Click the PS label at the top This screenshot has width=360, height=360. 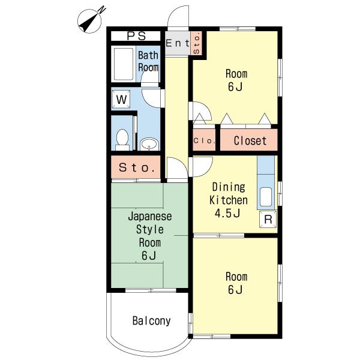click(x=136, y=36)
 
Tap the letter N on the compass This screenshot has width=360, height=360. click(x=102, y=10)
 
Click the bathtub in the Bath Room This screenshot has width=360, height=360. click(x=124, y=64)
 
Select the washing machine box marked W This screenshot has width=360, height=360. click(x=121, y=100)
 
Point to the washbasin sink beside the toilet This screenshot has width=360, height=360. click(x=149, y=144)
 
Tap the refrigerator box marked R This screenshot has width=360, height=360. click(x=268, y=219)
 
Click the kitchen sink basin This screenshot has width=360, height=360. click(x=266, y=197)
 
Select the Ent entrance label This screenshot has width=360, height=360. click(x=178, y=43)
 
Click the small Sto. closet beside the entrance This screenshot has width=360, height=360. click(x=196, y=43)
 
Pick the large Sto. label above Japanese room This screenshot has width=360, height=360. click(x=136, y=167)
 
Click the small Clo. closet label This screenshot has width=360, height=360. click(x=204, y=141)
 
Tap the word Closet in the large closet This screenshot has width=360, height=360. click(x=250, y=140)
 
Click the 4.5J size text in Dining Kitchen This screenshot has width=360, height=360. click(x=227, y=214)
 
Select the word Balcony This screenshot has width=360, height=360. click(x=152, y=321)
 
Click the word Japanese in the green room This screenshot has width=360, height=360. click(x=149, y=217)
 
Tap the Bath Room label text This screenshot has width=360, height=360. click(x=148, y=61)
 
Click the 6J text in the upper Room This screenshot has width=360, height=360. click(x=235, y=86)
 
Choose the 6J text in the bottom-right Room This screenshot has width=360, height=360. click(x=235, y=290)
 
